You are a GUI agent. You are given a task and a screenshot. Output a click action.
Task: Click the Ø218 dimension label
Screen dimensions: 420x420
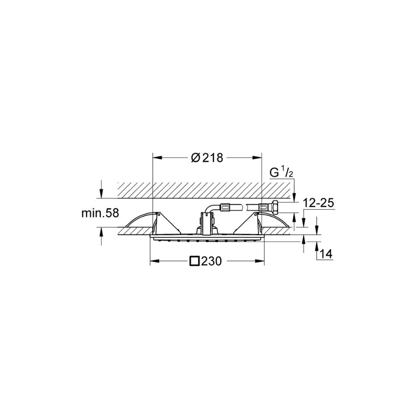click(x=207, y=158)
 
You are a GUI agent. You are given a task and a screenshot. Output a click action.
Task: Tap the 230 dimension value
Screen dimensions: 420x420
click(x=212, y=261)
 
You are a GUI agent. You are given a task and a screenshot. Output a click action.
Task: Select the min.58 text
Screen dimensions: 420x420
click(x=100, y=213)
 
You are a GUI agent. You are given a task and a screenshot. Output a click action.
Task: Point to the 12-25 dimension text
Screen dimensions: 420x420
click(x=319, y=203)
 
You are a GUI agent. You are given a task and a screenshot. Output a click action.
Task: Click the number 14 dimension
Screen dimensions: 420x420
click(x=326, y=254)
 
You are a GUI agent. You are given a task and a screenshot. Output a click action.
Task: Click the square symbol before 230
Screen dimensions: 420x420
click(x=195, y=261)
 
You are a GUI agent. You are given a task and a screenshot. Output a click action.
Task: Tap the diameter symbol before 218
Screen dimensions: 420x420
click(x=196, y=158)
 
